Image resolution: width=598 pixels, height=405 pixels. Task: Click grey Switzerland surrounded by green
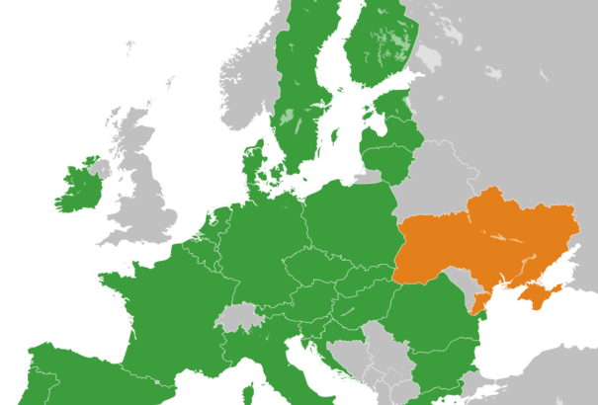pyautogui.click(x=237, y=318)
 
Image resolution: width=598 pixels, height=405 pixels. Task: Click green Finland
pyautogui.click(x=376, y=49)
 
